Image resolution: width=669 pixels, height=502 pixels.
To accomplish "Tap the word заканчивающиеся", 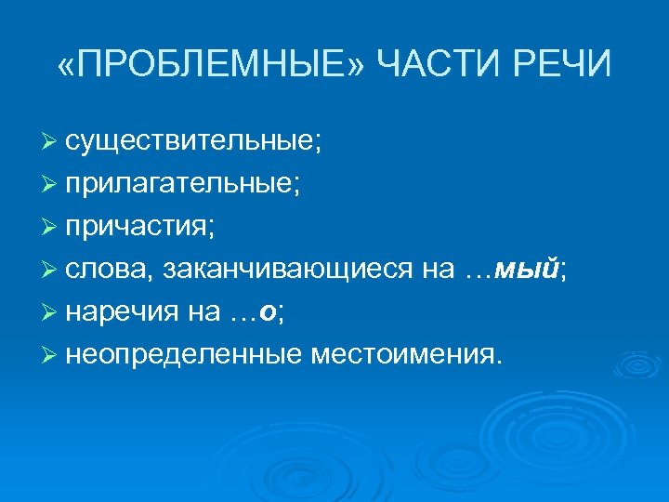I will point(287,270).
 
